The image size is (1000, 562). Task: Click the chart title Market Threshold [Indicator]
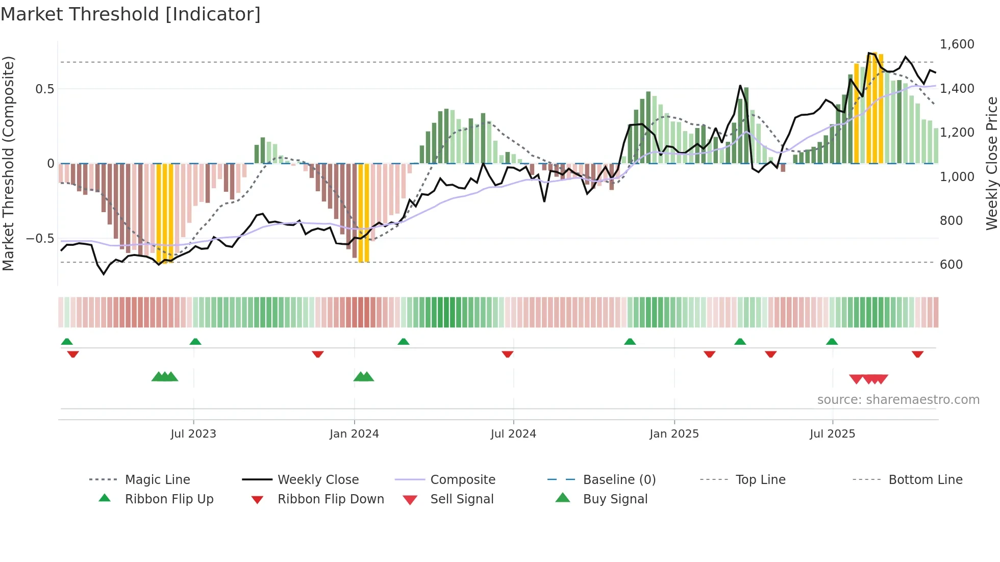coord(131,14)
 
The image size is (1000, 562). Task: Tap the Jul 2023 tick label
coord(193,434)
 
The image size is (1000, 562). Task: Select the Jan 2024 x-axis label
coord(354,434)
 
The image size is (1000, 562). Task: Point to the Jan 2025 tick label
coord(674,434)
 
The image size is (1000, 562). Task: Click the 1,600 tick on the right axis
coord(957,44)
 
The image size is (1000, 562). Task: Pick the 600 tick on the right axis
coord(952,265)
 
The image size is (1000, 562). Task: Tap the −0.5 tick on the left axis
coord(40,239)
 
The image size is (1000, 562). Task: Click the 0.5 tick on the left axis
coord(44,89)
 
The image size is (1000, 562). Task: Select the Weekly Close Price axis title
coord(991,163)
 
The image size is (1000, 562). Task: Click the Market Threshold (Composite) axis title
coord(8,163)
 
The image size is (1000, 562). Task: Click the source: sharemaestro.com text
coord(898,400)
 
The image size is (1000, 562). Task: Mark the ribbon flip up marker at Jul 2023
coord(195,342)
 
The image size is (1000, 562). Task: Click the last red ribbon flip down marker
coord(917,354)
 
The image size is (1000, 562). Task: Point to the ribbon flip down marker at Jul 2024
coord(507,354)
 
